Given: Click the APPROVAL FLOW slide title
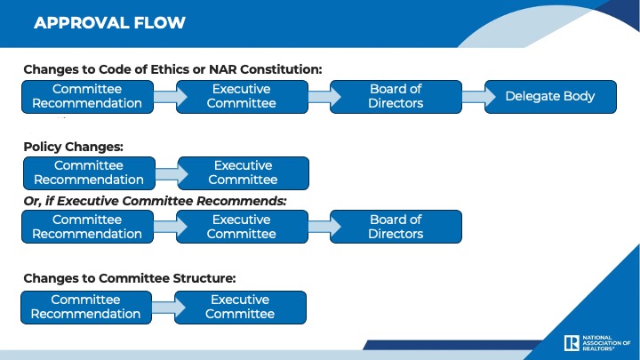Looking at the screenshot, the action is coord(109,23).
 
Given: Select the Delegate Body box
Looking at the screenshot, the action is coord(550,97).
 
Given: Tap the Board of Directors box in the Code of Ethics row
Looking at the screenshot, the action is coord(396,97).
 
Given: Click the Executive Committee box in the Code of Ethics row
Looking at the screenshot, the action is coord(242,97).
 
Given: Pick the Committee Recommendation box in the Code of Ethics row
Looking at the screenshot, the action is coord(87,97).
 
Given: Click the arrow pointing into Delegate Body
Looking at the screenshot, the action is coord(478,97).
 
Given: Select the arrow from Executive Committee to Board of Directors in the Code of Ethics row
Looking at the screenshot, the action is coord(324,97).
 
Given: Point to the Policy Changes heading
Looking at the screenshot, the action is coord(74,147).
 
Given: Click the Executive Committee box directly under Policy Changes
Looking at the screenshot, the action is coord(244,173).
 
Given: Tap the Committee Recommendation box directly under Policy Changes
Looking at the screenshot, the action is coord(89,173).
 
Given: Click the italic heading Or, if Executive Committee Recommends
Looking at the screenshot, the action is coord(155,201).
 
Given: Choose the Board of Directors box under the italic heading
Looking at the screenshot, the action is coord(396,227).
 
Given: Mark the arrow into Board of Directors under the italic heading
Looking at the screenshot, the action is coord(324,227).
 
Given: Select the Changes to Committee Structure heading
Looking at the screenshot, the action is coord(130,278).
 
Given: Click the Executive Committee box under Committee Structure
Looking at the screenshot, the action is coord(240,308).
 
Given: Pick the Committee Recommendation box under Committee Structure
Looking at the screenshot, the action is coord(86,308).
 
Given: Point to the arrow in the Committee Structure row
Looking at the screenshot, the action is coord(168,308).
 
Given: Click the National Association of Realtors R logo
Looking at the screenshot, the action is coord(572,343).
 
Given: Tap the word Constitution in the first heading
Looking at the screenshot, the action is coord(281,69).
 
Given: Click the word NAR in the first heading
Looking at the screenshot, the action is coord(222,69).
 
